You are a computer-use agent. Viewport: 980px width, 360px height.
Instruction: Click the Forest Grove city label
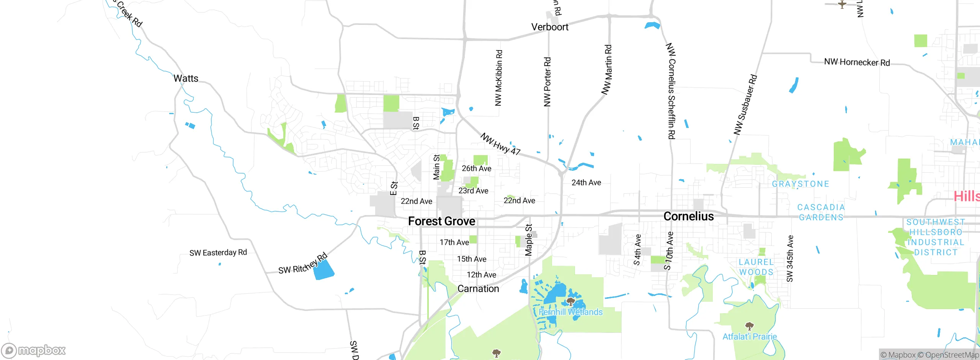click(x=441, y=221)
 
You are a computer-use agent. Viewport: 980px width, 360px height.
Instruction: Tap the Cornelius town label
click(x=688, y=216)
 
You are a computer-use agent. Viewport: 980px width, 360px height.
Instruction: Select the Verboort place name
click(x=550, y=27)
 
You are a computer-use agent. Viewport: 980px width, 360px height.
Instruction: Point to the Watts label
click(x=186, y=79)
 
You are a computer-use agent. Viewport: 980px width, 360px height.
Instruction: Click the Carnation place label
click(x=478, y=289)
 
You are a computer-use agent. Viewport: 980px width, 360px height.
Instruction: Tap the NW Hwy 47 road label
click(x=500, y=144)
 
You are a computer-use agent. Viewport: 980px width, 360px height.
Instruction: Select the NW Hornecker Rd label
click(x=857, y=62)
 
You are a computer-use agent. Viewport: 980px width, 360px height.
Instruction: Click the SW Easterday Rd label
click(x=218, y=253)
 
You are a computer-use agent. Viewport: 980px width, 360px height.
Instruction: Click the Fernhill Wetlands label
click(x=570, y=312)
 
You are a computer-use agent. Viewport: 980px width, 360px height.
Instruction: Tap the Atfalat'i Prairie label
click(x=750, y=337)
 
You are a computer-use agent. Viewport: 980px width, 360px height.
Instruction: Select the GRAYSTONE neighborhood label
click(x=800, y=184)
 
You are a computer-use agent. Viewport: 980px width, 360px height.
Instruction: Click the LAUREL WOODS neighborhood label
click(x=756, y=267)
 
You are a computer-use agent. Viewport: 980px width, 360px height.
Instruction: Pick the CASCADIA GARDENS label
click(x=821, y=212)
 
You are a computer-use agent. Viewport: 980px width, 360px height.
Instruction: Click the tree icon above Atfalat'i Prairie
click(x=750, y=326)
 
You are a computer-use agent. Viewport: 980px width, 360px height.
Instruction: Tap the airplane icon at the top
click(x=842, y=4)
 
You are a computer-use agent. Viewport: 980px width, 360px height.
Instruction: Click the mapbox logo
click(x=34, y=350)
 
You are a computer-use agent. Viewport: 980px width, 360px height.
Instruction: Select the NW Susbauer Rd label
click(x=745, y=105)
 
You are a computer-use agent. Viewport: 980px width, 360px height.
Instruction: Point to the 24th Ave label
click(x=586, y=183)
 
